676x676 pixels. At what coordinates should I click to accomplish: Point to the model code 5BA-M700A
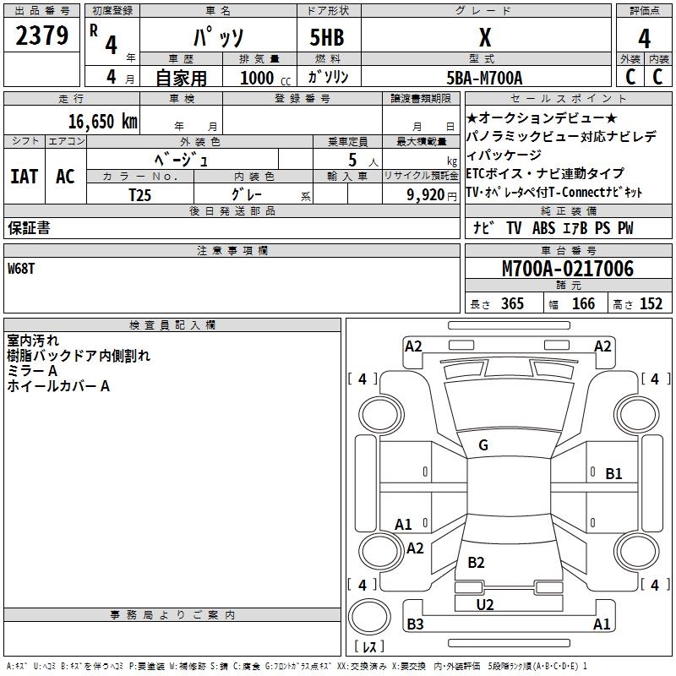484,78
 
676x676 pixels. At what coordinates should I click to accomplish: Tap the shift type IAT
24,177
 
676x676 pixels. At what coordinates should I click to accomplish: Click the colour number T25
140,194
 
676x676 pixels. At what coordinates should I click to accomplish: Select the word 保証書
29,228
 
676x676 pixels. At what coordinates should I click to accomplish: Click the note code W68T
24,269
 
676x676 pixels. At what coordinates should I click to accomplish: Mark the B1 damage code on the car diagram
613,473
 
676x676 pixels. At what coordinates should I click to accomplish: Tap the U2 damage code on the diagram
484,604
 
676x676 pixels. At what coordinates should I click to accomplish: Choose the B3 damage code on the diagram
415,624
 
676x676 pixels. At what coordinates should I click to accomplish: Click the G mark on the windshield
483,445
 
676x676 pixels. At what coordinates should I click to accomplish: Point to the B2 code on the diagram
476,562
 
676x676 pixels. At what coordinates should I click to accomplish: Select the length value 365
512,304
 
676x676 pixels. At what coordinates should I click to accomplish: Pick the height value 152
651,304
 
